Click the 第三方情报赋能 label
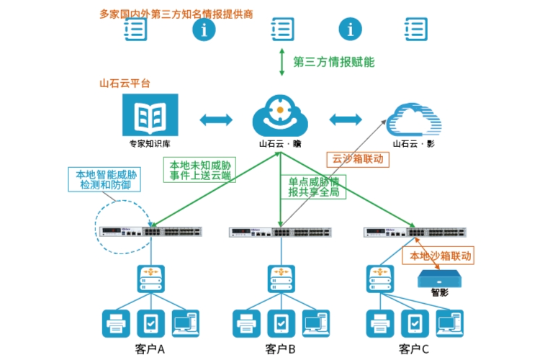(x=333, y=62)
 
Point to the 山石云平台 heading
(x=125, y=84)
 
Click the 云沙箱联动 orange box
(x=358, y=158)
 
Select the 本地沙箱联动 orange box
(x=441, y=256)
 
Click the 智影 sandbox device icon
(x=440, y=277)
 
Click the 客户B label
(x=280, y=350)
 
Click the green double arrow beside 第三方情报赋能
(x=282, y=62)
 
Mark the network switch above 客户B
(x=280, y=232)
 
